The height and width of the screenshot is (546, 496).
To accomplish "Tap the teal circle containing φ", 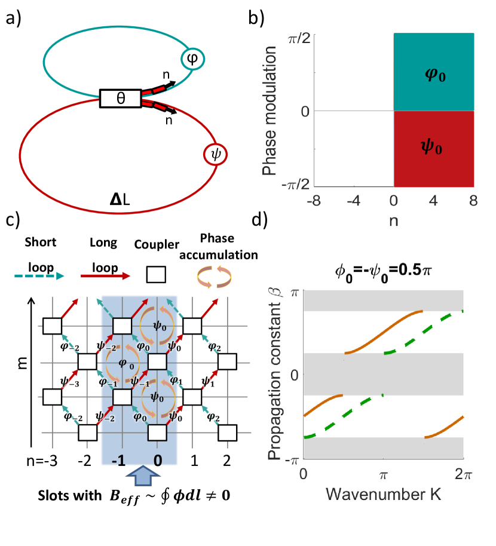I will tap(193, 58).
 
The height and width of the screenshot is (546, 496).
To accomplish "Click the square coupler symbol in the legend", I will tap(155, 275).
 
